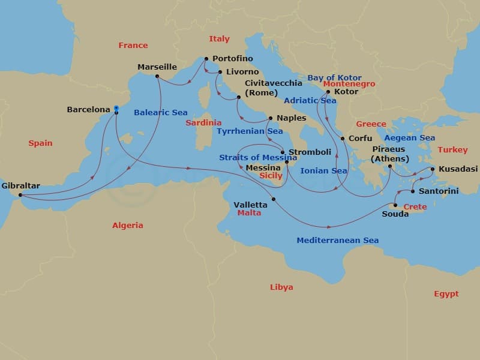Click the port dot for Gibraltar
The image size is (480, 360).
[20, 195]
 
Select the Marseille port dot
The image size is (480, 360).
[157, 76]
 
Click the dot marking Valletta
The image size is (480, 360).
[274, 199]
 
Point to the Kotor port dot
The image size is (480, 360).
[328, 92]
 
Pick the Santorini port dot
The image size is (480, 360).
[413, 191]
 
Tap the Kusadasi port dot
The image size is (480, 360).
[433, 169]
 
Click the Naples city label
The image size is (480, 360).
[291, 118]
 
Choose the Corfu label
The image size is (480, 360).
[360, 139]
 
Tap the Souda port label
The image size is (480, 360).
[395, 214]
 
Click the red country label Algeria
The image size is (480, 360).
[128, 226]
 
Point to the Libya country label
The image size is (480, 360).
[281, 287]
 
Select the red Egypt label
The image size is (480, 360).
[446, 294]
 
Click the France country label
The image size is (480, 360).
[133, 46]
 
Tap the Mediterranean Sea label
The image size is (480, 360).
[337, 241]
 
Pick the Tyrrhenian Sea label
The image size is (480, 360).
[250, 131]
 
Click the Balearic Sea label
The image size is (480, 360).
[161, 112]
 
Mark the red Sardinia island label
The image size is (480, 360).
[199, 123]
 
